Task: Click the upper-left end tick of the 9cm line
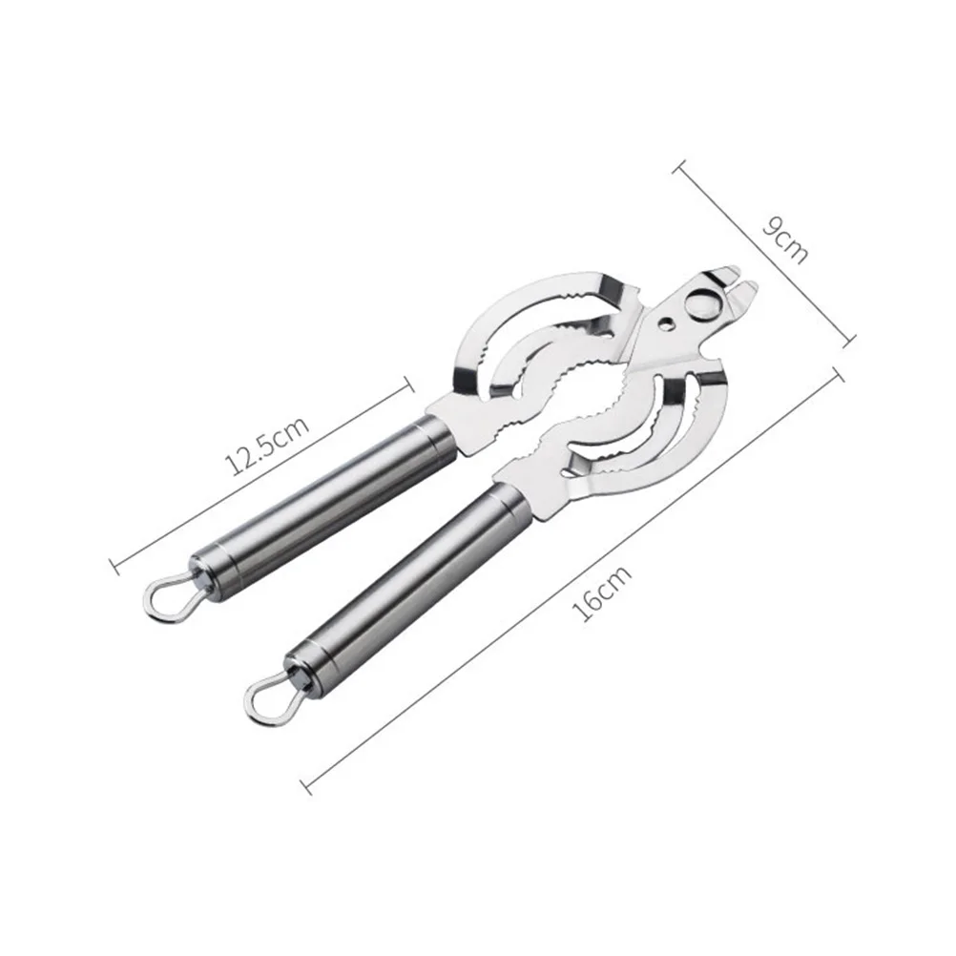(x=679, y=170)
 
